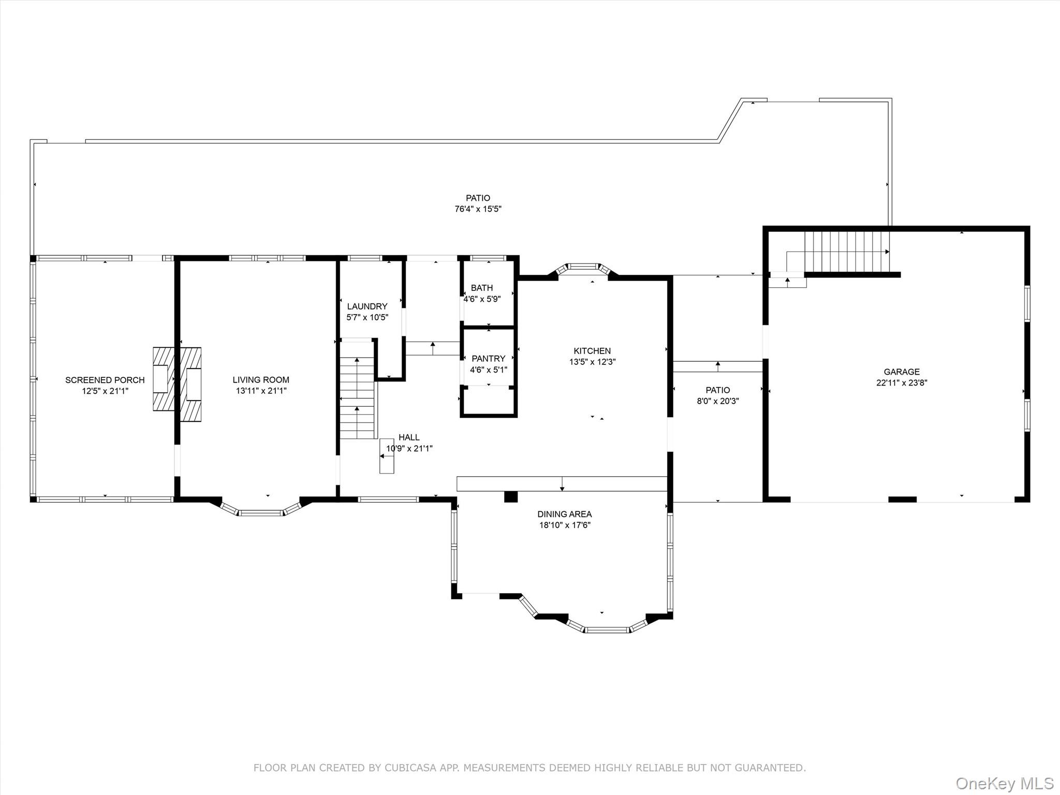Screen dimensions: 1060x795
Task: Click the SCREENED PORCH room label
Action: [105, 380]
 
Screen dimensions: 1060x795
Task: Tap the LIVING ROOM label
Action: [261, 380]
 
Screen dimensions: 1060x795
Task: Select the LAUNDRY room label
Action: [367, 306]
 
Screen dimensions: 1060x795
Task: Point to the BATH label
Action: [482, 288]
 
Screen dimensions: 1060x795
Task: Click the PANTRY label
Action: [489, 358]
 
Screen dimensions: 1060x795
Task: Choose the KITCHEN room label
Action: [592, 351]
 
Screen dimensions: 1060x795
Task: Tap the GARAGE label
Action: [902, 372]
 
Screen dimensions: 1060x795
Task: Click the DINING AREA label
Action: [564, 514]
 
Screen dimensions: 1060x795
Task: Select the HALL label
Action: [409, 437]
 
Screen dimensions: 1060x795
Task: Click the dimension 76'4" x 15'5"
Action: [478, 209]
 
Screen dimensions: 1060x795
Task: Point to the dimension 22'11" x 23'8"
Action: [902, 383]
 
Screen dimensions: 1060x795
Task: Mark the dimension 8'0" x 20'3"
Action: [718, 401]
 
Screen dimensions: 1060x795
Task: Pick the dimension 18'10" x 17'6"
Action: [564, 525]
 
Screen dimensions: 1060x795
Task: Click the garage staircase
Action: [847, 252]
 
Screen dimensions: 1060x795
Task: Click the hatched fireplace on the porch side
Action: [164, 379]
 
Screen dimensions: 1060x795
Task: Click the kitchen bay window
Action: [583, 270]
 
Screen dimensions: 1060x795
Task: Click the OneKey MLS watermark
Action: [1005, 783]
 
